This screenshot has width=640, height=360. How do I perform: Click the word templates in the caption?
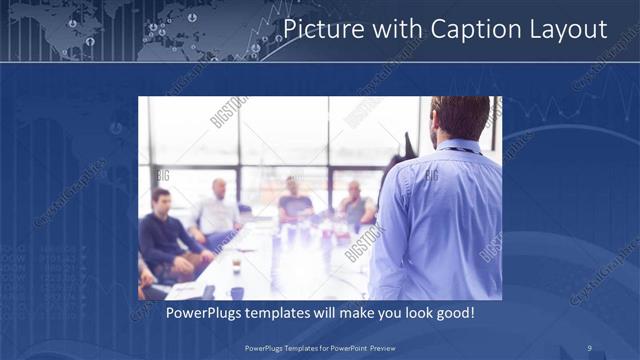285,314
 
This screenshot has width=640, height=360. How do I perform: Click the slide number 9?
590,347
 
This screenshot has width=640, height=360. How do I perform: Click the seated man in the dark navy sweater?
165,235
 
